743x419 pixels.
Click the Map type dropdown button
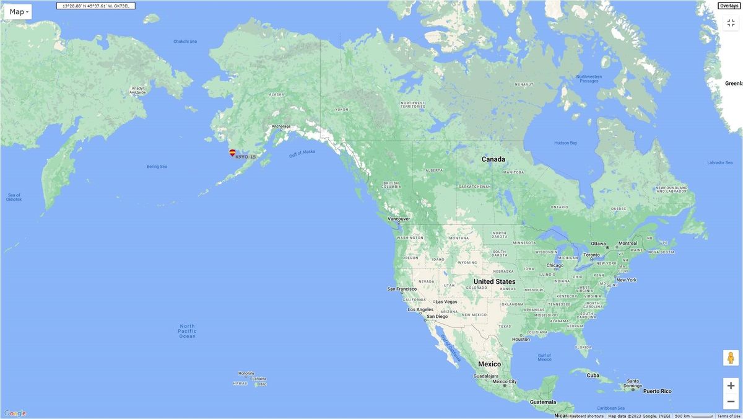[x=17, y=12]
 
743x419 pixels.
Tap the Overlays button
[x=728, y=6]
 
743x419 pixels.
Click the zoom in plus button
[x=731, y=386]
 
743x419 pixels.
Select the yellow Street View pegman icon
[x=731, y=358]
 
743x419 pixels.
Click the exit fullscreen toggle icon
[x=731, y=23]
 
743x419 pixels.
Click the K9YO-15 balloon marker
[x=232, y=152]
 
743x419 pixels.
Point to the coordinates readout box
[x=96, y=6]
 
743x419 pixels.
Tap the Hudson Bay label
[x=565, y=143]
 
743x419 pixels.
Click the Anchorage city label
[x=280, y=126]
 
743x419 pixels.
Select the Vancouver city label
[x=399, y=219]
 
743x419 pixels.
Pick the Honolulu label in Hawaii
[x=246, y=373]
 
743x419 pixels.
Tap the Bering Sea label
[x=157, y=166]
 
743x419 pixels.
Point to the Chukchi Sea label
[x=185, y=42]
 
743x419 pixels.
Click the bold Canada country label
[x=493, y=159]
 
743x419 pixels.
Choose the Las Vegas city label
[x=446, y=302]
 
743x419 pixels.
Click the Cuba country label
[x=593, y=375]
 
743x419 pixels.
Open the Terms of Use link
[x=728, y=416]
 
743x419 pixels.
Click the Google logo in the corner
[x=15, y=413]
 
